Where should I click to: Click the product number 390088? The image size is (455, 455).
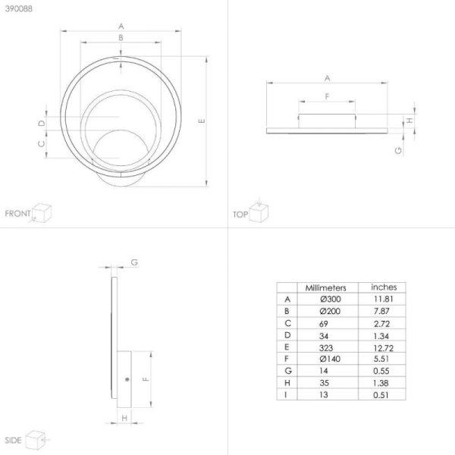[19, 8]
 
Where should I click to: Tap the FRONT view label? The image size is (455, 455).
[17, 214]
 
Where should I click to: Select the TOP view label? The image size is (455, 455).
[240, 215]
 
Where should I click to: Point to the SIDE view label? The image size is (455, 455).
[13, 440]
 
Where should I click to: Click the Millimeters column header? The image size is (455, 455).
[325, 288]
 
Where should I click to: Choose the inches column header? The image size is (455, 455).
[384, 287]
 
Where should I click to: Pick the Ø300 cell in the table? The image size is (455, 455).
[331, 300]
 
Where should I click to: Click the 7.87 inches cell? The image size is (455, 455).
[381, 311]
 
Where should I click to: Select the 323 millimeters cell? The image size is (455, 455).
[326, 347]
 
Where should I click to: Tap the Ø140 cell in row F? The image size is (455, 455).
[330, 359]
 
